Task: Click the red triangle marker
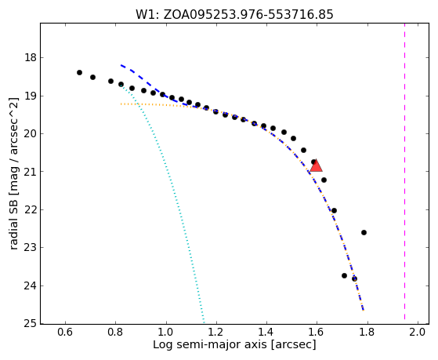pos(317,165)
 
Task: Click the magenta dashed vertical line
pos(404,171)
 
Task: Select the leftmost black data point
pos(79,72)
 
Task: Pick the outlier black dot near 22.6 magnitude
pos(364,232)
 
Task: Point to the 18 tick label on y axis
pos(31,58)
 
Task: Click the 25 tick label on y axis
pos(31,324)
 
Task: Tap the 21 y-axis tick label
pos(31,171)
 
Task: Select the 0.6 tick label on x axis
pos(65,333)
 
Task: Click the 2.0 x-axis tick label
pos(418,333)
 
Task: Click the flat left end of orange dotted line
pos(121,104)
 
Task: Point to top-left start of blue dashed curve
pos(121,65)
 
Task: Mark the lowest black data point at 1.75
pos(354,278)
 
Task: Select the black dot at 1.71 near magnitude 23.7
pos(344,275)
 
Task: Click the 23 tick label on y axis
pos(31,248)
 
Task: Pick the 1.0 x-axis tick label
pos(166,333)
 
